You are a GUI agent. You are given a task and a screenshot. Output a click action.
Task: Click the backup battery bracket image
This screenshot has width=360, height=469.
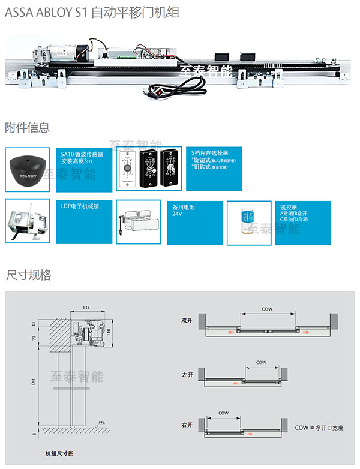137,223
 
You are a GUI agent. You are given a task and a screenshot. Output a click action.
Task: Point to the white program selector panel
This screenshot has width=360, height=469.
127,169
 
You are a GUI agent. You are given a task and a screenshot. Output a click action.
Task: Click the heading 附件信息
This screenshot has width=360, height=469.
27,128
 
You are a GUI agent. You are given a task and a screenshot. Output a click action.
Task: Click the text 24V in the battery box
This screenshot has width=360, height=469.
177,214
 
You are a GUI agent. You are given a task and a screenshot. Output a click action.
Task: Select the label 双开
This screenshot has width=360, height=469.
187,320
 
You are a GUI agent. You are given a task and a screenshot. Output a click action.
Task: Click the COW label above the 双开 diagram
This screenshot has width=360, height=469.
267,309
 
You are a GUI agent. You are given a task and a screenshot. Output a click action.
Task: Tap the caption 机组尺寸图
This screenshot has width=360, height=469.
59,454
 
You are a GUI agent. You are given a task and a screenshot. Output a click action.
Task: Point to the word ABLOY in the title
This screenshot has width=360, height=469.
56,13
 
